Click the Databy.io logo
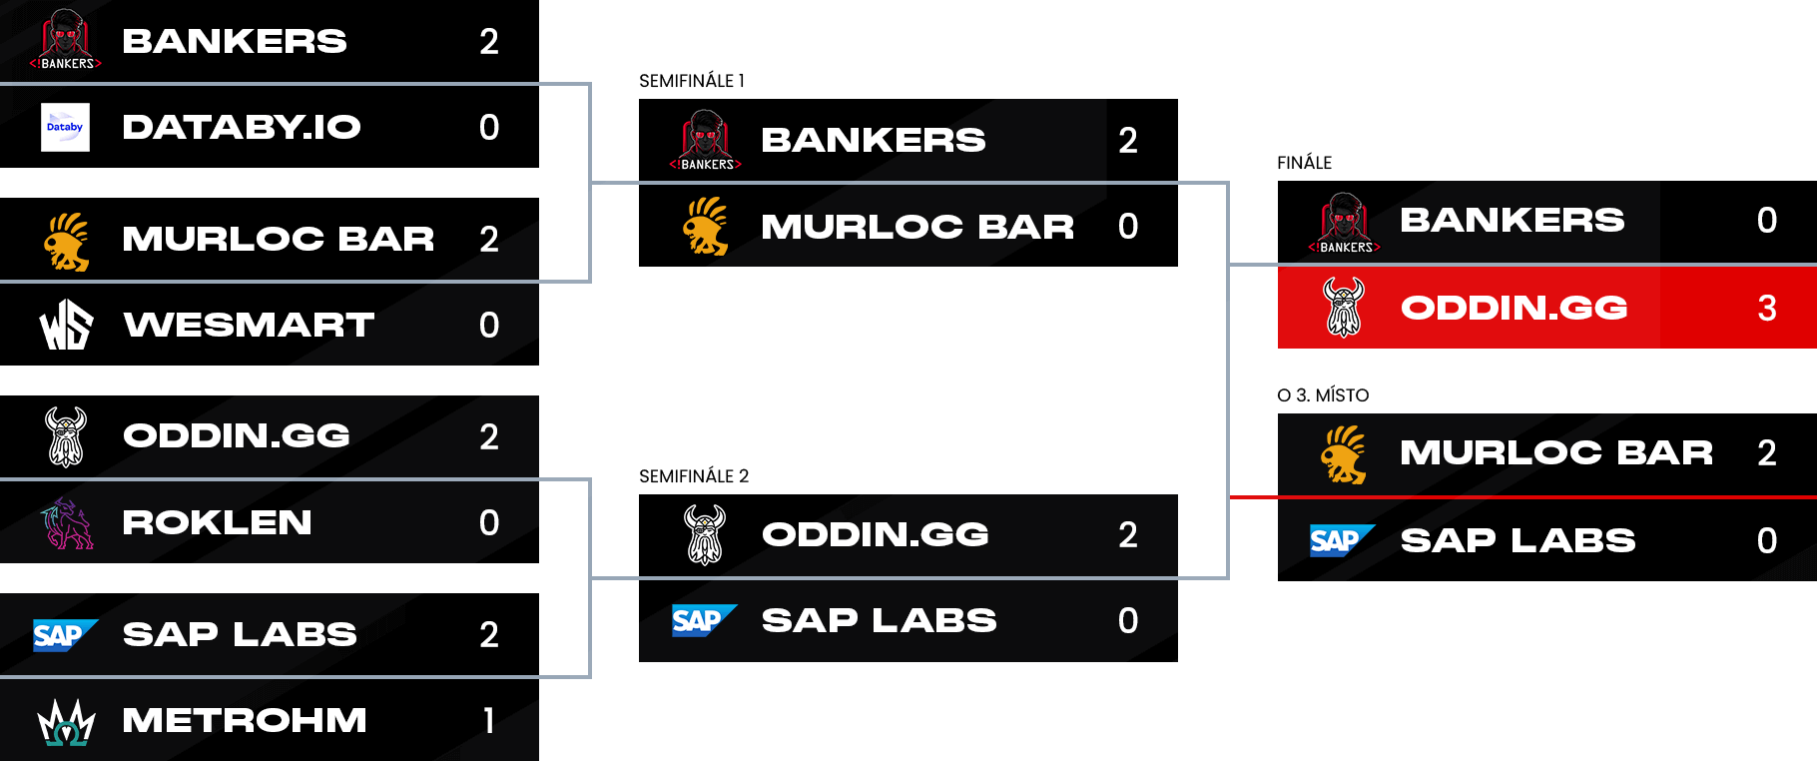coord(65,127)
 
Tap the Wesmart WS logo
coord(66,325)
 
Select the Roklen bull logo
coord(67,522)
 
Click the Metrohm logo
coord(66,721)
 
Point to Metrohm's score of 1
coord(488,720)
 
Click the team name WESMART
coord(249,325)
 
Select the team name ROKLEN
coord(217,522)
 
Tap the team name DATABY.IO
coord(241,127)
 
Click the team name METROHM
coord(244,720)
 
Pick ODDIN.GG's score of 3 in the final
coord(1766,308)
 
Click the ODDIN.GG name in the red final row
coord(1514,308)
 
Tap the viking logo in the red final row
coord(1343,307)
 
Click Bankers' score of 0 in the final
coord(1766,220)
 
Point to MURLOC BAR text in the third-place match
coord(1555,452)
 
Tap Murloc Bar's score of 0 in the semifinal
coord(1127,227)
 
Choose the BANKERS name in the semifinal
coord(873,140)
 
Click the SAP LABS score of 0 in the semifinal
coord(1127,620)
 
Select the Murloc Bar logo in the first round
coord(67,241)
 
